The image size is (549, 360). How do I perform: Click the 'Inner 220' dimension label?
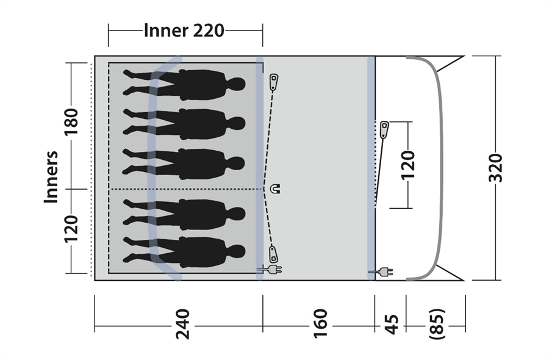pyautogui.click(x=184, y=31)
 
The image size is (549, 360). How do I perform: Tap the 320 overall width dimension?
pyautogui.click(x=495, y=167)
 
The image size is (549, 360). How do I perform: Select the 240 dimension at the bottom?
pyautogui.click(x=183, y=324)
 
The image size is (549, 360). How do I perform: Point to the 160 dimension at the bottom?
pyautogui.click(x=320, y=323)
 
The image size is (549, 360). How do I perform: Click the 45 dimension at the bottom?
pyautogui.click(x=392, y=324)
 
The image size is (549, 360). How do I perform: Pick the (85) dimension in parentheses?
pyautogui.click(x=437, y=324)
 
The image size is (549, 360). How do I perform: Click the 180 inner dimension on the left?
pyautogui.click(x=71, y=121)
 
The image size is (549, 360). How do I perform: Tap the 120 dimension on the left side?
pyautogui.click(x=71, y=229)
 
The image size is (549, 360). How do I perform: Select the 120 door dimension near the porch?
pyautogui.click(x=407, y=165)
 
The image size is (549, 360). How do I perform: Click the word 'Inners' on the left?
pyautogui.click(x=51, y=177)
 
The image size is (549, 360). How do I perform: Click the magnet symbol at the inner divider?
pyautogui.click(x=276, y=189)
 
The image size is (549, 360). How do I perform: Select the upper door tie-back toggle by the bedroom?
pyautogui.click(x=274, y=82)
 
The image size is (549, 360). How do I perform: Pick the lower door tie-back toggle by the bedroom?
pyautogui.click(x=273, y=254)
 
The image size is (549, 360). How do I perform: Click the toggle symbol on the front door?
pyautogui.click(x=384, y=129)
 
